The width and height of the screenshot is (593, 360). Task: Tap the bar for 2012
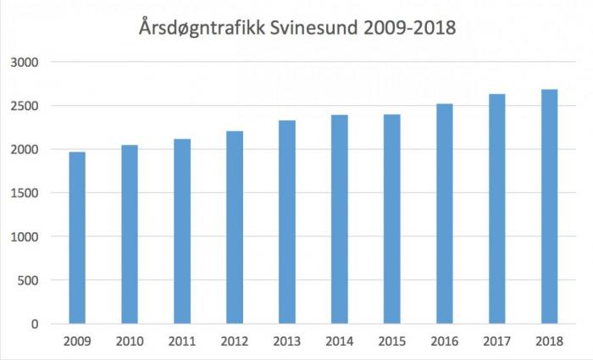coord(235,228)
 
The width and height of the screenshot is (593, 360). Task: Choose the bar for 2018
coord(549,207)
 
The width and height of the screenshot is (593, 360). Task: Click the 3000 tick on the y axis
coord(27,63)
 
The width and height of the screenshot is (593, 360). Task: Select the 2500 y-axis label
coord(27,106)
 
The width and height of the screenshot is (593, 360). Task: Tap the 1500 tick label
coord(27,193)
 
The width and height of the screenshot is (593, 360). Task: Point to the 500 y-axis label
coord(30,280)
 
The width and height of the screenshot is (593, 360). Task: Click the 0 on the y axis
coord(36,324)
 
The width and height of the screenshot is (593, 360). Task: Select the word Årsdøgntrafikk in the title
coord(203,29)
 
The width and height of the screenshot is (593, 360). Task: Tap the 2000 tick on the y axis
coord(27,150)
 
